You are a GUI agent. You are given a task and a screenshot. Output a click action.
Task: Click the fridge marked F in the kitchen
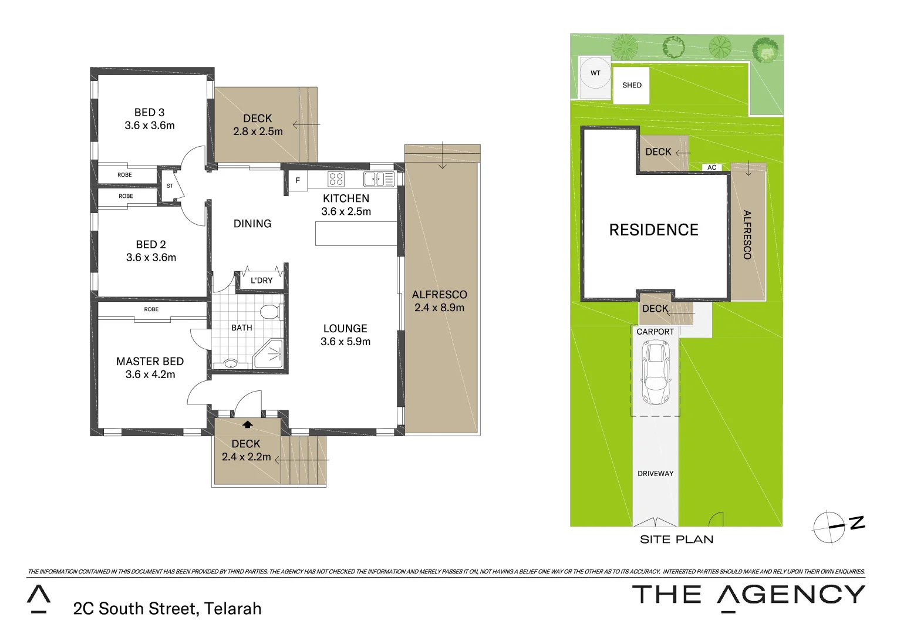click(x=298, y=181)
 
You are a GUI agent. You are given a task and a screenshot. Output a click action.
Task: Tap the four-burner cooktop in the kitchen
click(x=336, y=179)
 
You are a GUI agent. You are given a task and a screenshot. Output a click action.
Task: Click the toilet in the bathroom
click(x=269, y=311)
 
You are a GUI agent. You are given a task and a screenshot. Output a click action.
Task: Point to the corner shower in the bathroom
click(x=269, y=354)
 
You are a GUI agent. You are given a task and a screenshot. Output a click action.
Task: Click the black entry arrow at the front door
click(x=248, y=424)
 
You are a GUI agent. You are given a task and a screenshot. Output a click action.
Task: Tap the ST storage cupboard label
click(x=170, y=186)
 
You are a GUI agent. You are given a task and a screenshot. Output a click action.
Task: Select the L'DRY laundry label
click(x=261, y=281)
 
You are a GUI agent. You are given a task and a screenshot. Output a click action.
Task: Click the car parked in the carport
click(x=655, y=373)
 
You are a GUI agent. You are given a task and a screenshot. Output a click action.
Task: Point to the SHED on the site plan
click(x=632, y=85)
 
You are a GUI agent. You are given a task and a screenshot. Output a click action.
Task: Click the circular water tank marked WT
click(x=595, y=76)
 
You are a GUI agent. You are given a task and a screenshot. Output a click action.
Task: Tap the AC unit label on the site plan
click(x=711, y=168)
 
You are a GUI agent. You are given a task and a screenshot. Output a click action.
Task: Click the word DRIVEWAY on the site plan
click(x=655, y=474)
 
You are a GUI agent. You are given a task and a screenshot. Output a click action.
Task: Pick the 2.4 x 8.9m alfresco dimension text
click(x=439, y=308)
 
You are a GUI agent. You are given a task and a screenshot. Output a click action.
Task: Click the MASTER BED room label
click(x=150, y=362)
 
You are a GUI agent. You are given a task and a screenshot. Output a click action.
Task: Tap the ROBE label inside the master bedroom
click(x=151, y=309)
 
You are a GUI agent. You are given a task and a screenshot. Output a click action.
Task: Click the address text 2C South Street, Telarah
click(x=167, y=609)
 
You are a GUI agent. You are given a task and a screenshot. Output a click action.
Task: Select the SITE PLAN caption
click(x=676, y=539)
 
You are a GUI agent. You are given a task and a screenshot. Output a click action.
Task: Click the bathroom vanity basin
click(x=231, y=363)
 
